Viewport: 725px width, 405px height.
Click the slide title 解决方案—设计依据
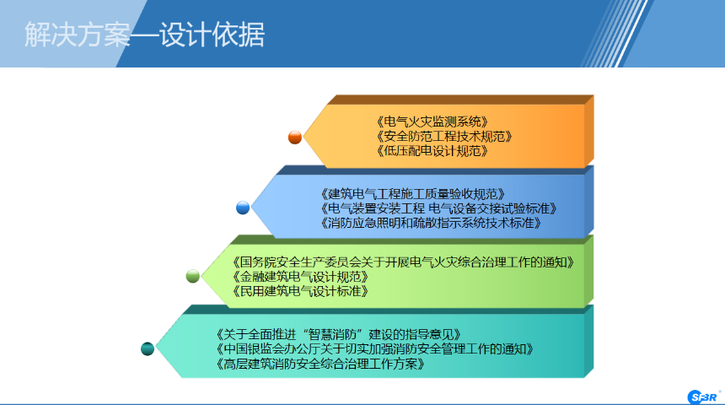144,35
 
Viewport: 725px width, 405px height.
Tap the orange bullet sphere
295,138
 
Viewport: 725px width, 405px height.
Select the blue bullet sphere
243,208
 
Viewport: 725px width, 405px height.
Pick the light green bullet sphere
193,276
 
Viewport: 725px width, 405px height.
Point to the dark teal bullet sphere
148,348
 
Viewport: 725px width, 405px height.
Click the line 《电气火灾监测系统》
432,122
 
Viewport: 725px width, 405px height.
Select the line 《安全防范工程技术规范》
444,137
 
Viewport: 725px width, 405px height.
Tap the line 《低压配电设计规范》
432,151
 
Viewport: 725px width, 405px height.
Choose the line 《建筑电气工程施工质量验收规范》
412,194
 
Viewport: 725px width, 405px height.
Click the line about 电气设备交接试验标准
438,208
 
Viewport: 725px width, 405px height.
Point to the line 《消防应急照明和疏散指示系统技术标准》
431,223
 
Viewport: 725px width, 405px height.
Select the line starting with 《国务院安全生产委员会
403,262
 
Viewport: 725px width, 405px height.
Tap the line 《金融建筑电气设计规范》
300,277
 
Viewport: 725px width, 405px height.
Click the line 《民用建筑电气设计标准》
300,291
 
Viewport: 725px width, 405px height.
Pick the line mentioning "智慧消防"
338,334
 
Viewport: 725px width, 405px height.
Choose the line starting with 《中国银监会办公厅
374,349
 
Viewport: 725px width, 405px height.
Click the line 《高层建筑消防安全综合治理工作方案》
320,364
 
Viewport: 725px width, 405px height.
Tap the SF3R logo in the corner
703,397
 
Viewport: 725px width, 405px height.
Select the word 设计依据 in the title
212,35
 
